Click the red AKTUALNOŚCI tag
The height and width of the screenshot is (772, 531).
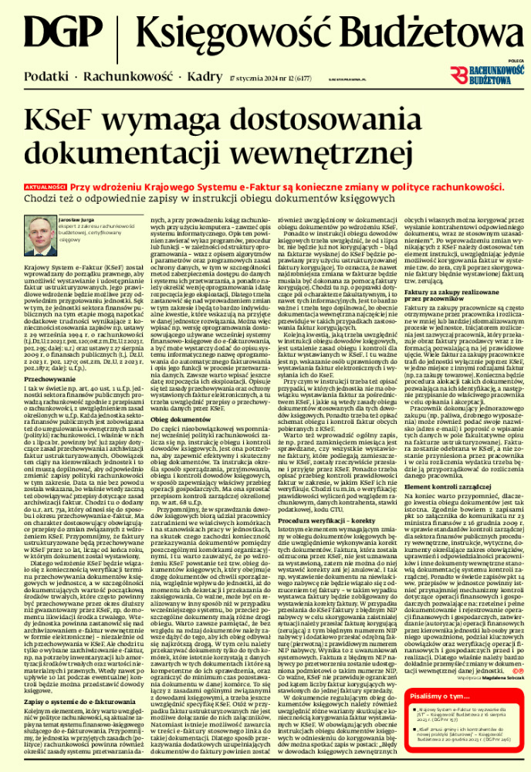tap(44, 187)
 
